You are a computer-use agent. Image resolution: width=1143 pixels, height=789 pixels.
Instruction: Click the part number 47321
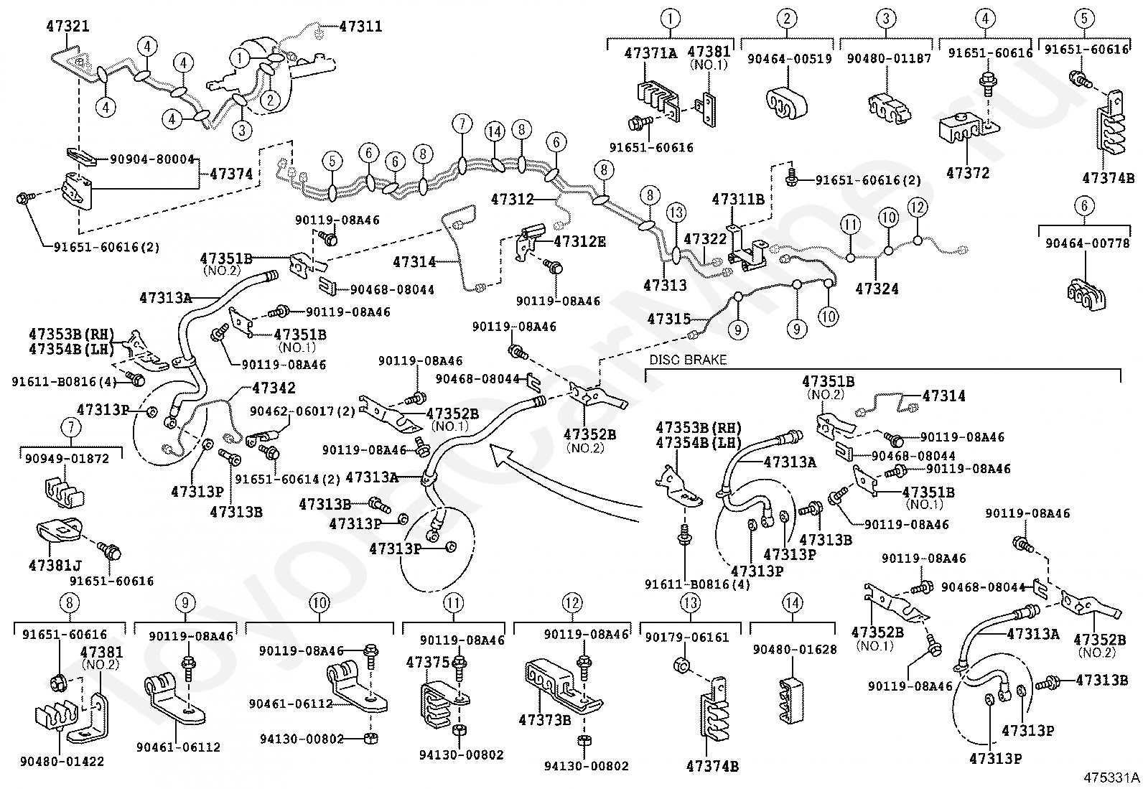(68, 26)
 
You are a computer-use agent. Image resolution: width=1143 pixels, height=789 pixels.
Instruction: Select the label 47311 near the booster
(360, 26)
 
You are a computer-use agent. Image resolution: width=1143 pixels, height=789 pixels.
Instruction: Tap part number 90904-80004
(153, 159)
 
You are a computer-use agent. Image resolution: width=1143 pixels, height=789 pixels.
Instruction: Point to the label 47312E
(579, 241)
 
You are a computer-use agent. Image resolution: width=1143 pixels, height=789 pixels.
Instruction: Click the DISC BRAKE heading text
(688, 360)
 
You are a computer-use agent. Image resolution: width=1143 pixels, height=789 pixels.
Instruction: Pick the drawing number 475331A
(1111, 778)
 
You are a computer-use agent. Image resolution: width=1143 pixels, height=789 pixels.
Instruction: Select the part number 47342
(274, 388)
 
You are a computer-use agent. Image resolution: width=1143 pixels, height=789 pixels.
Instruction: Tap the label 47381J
(55, 565)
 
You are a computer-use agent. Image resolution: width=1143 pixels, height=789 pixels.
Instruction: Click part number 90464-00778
(1088, 243)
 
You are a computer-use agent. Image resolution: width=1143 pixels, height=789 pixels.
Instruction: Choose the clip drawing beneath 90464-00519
(786, 105)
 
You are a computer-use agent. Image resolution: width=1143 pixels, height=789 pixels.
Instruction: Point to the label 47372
(968, 173)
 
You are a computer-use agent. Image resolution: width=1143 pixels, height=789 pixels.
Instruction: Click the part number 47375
(428, 663)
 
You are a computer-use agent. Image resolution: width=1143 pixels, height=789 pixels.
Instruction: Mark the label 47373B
(545, 720)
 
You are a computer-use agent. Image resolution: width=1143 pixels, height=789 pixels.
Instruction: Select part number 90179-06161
(687, 638)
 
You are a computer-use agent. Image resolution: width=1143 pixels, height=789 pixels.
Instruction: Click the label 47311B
(738, 199)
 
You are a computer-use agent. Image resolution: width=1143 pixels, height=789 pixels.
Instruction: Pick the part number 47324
(877, 289)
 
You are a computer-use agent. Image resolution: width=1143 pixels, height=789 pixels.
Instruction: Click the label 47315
(669, 319)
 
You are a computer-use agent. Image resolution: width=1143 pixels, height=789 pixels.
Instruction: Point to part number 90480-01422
(62, 762)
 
